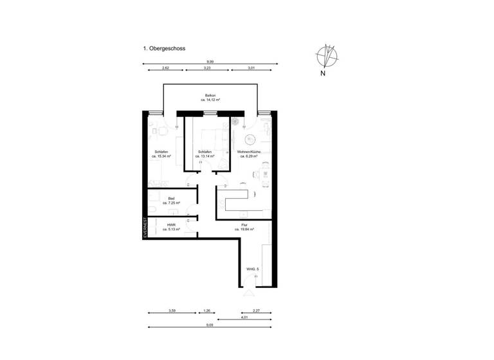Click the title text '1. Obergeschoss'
(164, 48)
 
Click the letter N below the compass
(322, 73)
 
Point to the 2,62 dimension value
(165, 67)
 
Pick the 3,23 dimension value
(207, 67)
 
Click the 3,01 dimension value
(252, 67)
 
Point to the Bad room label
(171, 201)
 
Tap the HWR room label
(171, 227)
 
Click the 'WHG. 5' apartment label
(252, 269)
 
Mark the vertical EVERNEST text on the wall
(145, 230)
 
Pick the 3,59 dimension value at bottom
(172, 310)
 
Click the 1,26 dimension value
(206, 310)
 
